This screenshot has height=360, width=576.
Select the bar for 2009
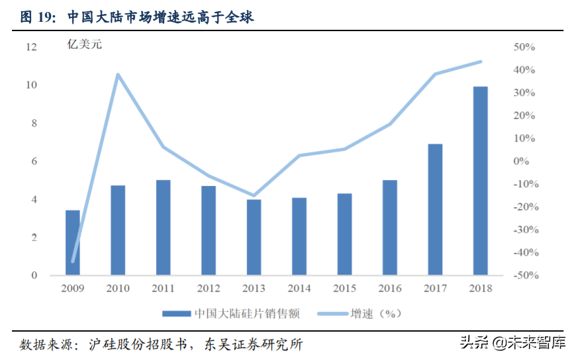73,242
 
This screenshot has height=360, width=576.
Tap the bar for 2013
254,237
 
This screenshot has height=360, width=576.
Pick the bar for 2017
435,209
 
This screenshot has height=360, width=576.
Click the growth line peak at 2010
118,75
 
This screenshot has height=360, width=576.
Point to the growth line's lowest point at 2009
73,261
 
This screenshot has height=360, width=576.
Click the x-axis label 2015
344,289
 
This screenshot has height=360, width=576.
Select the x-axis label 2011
164,289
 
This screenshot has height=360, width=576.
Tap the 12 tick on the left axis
31,47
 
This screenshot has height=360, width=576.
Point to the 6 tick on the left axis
34,161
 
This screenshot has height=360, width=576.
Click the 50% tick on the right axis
524,47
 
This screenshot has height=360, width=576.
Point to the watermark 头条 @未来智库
513,343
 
